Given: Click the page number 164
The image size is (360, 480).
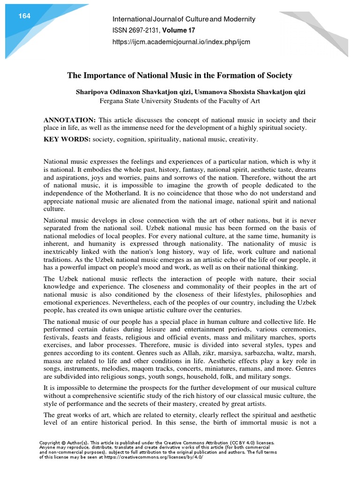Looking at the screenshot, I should tap(24, 16).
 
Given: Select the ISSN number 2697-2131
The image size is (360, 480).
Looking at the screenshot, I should tap(140, 30).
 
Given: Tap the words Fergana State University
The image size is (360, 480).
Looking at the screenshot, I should tap(137, 101).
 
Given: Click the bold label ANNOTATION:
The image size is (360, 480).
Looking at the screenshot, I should tap(67, 120).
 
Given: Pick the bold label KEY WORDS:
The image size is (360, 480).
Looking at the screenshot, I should tap(67, 140).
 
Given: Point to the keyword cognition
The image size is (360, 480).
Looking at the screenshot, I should tap(130, 140).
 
